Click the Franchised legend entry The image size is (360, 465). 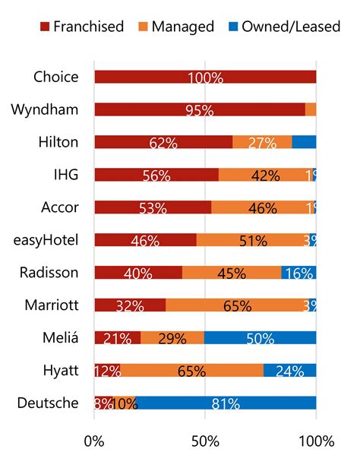tap(81, 27)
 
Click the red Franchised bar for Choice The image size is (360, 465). tap(205, 77)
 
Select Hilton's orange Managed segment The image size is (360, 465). tap(262, 142)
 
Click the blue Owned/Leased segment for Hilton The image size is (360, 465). tap(304, 142)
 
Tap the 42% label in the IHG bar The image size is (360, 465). tap(265, 175)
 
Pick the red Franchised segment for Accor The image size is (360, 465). tap(153, 207)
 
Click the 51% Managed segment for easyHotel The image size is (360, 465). tap(253, 240)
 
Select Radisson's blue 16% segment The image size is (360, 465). tap(298, 273)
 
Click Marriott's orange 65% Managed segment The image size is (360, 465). tap(237, 305)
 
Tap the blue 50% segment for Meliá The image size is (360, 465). tap(261, 338)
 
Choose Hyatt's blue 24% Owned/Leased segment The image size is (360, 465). tap(290, 371)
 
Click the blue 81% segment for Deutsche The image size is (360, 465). tap(226, 403)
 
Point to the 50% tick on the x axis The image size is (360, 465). tap(205, 441)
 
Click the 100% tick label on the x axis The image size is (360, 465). tap(315, 441)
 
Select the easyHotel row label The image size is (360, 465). tap(45, 240)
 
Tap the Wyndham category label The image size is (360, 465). tap(45, 109)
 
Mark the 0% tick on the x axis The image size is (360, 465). tap(94, 441)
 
